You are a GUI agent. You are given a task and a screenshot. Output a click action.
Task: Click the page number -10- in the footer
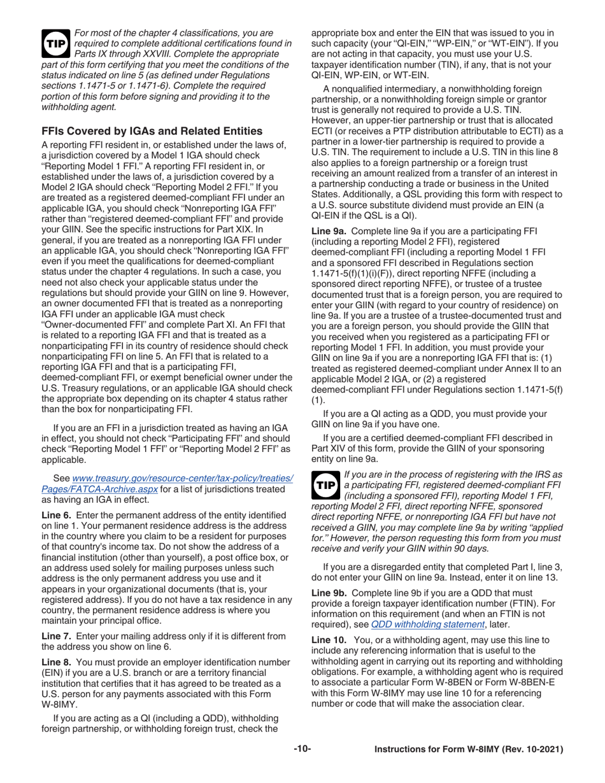[302, 749]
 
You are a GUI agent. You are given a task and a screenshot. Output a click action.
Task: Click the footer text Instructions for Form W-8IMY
[438, 750]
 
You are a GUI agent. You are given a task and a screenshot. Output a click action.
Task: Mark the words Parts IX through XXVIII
[124, 54]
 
